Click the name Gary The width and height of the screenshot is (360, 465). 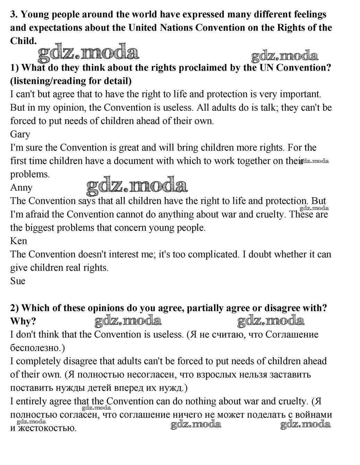[20, 134]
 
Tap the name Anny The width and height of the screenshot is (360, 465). [21, 187]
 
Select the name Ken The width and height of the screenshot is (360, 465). [18, 241]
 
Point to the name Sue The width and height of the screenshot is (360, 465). [18, 281]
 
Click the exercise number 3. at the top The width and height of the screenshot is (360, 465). [14, 15]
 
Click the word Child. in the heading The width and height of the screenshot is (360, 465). [23, 41]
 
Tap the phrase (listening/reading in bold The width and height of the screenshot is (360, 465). [45, 81]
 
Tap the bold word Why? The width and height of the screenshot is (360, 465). [23, 321]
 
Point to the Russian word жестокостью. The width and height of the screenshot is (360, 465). [47, 428]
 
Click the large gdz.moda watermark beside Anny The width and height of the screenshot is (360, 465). [137, 186]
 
